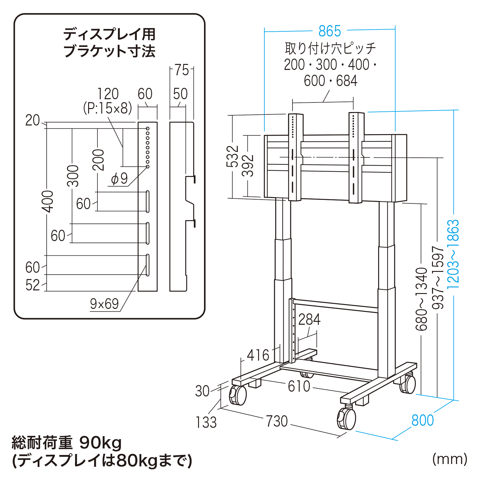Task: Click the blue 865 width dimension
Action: [x=330, y=31]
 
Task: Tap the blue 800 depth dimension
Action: [x=422, y=420]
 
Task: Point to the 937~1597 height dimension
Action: [x=438, y=278]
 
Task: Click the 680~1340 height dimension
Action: [x=422, y=299]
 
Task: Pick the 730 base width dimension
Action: [x=277, y=422]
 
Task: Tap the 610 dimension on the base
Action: [x=299, y=386]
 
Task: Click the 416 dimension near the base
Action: [x=258, y=355]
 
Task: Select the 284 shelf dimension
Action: [x=309, y=320]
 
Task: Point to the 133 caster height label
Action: [x=206, y=422]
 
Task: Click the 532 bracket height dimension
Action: [x=232, y=156]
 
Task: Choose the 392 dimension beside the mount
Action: [x=248, y=166]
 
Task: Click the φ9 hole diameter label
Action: [x=119, y=179]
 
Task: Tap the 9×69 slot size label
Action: [x=104, y=304]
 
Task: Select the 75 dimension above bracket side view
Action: [x=182, y=70]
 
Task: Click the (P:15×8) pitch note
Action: [x=108, y=108]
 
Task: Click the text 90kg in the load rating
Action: [x=101, y=443]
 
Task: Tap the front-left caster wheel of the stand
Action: [x=238, y=395]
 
